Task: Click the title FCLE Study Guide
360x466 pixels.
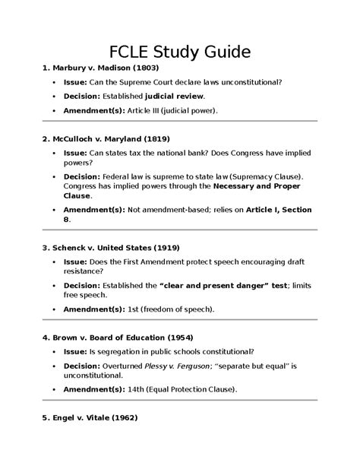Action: point(180,54)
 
